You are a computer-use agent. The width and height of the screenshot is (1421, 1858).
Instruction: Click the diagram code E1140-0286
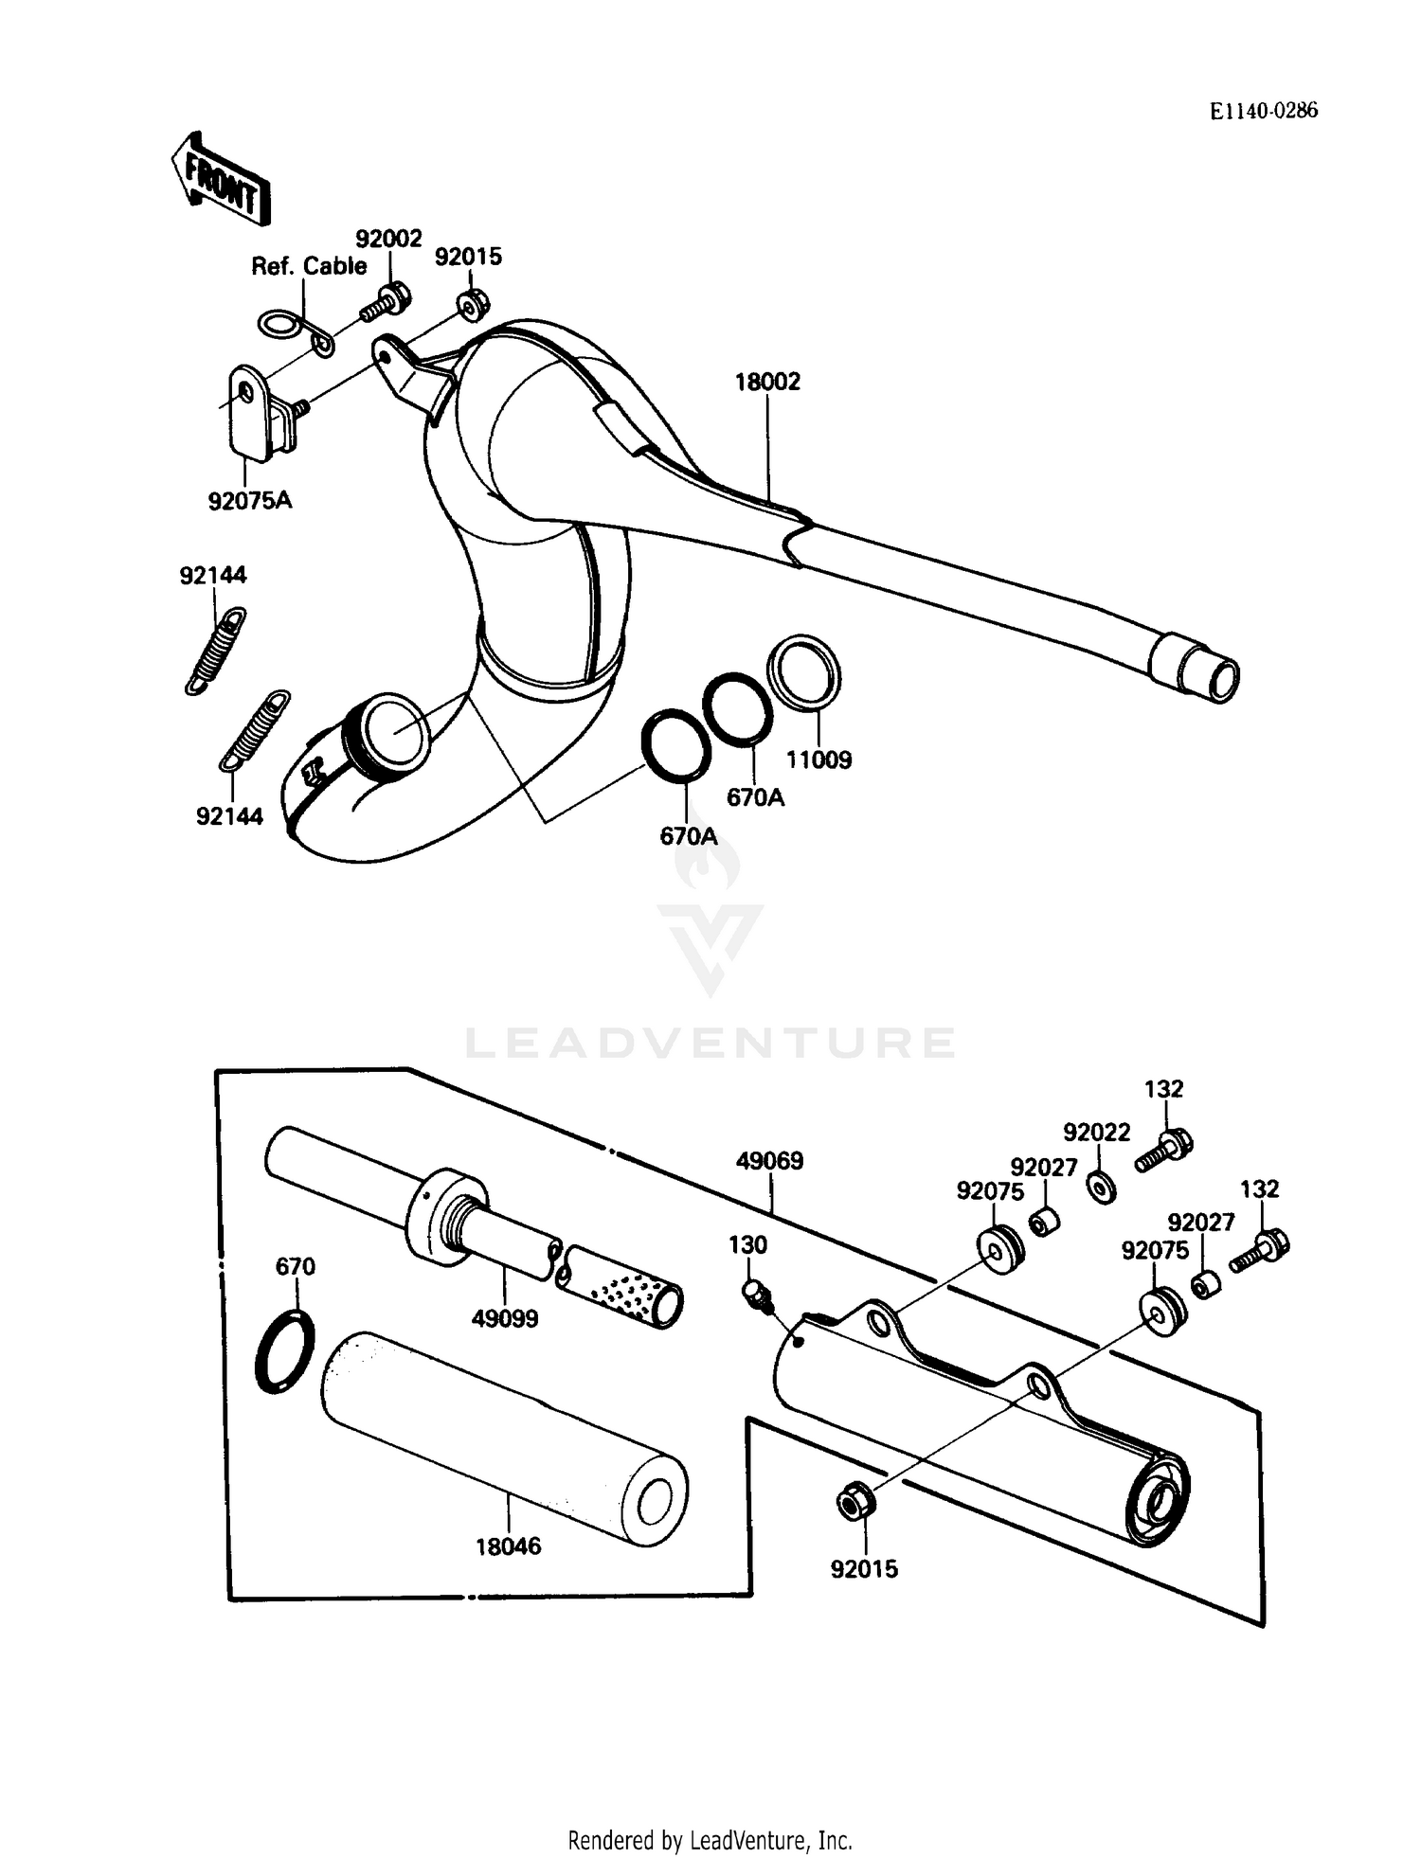1263,111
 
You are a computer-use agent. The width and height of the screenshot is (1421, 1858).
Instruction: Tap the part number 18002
767,382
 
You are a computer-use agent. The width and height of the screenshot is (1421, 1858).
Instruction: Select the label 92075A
250,500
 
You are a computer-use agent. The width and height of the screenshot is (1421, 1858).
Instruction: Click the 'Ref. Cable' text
309,266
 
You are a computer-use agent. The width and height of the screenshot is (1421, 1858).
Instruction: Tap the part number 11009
818,759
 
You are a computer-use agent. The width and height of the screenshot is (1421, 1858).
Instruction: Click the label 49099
505,1317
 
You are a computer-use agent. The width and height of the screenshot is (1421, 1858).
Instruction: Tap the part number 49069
770,1160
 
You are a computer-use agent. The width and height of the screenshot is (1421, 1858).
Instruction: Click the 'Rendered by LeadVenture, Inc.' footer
710,1840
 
